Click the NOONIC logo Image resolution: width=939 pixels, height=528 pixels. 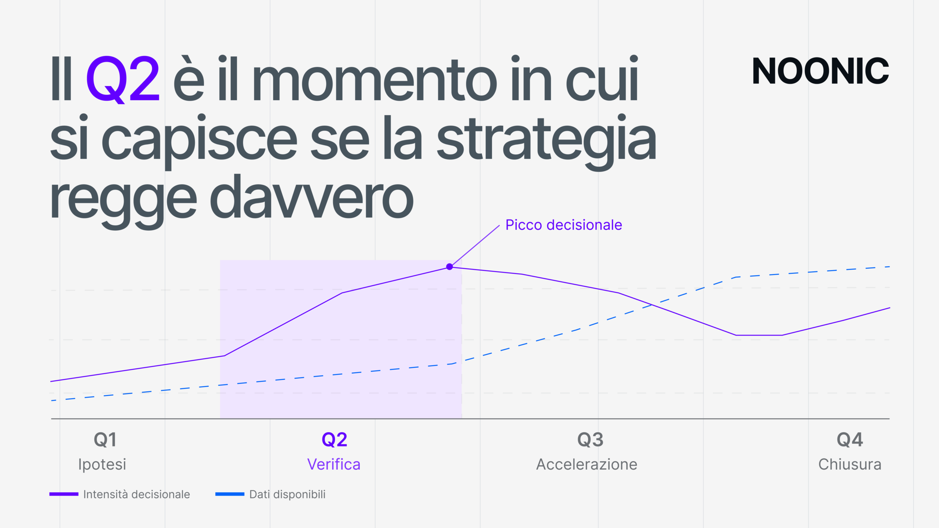point(821,70)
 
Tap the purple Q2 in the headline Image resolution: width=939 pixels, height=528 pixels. point(123,79)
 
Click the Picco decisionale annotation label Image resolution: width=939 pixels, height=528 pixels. point(564,225)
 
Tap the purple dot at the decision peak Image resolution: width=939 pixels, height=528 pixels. point(449,267)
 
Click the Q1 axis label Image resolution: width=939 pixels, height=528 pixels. point(105,440)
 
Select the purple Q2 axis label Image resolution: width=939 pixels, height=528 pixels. point(334,440)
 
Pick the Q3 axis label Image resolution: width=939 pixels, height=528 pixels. point(590,440)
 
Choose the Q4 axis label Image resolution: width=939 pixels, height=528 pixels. point(850,440)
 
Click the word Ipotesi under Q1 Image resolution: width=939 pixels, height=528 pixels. point(102,465)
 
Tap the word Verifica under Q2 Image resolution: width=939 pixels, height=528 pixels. point(334,464)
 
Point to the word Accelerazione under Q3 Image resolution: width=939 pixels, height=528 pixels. point(587,464)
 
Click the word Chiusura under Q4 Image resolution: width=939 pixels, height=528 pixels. point(850,464)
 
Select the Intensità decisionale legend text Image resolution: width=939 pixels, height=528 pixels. point(136,494)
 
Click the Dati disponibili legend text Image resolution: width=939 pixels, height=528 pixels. point(287,494)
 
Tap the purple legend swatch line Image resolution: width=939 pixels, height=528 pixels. point(64,494)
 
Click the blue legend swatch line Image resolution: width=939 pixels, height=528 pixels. point(230,494)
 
